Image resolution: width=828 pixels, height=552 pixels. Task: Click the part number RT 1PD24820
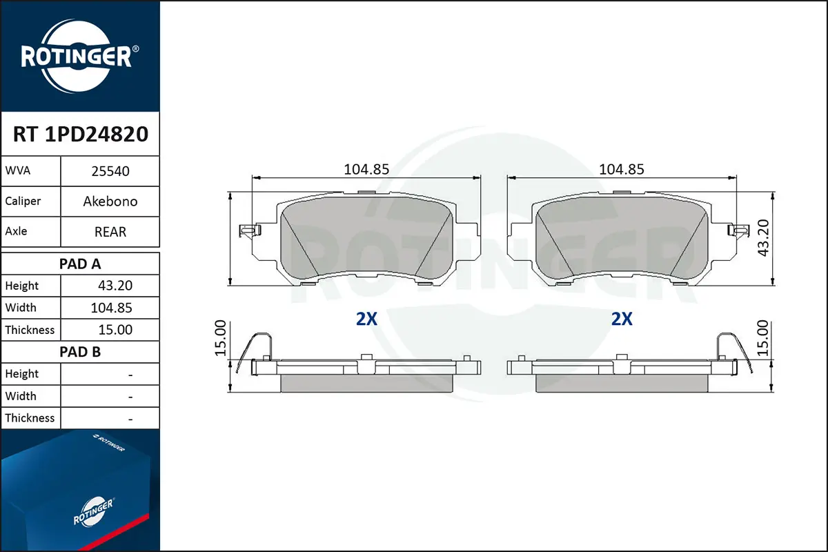point(81,134)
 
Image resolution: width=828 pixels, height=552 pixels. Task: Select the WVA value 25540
point(110,171)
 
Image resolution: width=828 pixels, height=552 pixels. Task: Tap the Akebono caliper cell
point(110,201)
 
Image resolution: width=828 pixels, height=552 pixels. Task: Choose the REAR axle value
point(110,232)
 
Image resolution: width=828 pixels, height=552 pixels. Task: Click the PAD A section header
point(80,264)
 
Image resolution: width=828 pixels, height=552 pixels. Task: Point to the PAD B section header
point(80,352)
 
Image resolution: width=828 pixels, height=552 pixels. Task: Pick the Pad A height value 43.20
point(115,286)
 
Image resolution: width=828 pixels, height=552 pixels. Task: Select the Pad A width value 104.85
point(111,308)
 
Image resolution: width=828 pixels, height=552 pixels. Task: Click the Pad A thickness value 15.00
point(115,330)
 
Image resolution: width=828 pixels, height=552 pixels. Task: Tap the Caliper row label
point(23,201)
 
